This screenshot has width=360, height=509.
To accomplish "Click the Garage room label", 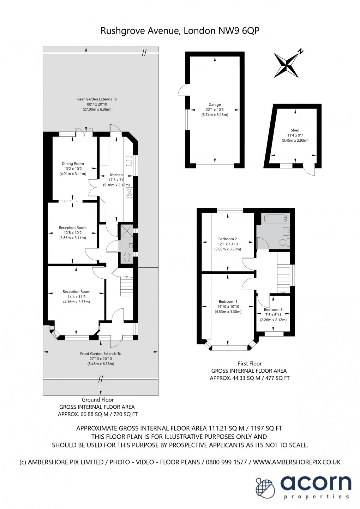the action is [x=215, y=105].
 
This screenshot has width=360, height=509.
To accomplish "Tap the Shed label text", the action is [x=295, y=130].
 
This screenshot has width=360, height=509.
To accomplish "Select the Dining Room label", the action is [x=73, y=164].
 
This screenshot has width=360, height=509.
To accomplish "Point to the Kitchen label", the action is [x=116, y=175].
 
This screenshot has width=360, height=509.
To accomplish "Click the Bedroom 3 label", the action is [x=273, y=309].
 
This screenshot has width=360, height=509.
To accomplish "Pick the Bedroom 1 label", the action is [x=228, y=301].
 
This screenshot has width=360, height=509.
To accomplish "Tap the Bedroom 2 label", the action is [x=227, y=239].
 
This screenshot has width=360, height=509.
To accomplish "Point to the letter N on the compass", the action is [x=301, y=51].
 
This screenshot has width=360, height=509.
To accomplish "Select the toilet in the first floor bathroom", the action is [x=284, y=242].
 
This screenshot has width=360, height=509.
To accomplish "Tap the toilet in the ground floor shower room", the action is [x=127, y=258].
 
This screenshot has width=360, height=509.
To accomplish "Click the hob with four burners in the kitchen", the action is [x=130, y=192].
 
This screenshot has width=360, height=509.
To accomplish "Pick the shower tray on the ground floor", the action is [x=126, y=230].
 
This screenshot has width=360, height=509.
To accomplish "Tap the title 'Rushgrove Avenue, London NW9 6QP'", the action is [x=180, y=30].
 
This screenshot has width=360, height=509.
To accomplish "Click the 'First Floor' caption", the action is [x=250, y=363].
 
